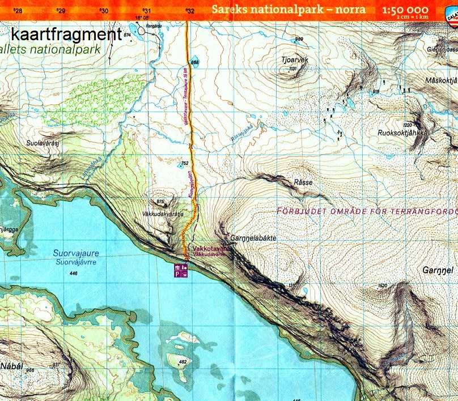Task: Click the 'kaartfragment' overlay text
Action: pos(66,35)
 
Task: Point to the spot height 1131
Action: pos(292,69)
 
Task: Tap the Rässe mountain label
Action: pos(303,183)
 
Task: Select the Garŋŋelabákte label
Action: pos(254,238)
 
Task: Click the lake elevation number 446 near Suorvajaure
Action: pos(72,274)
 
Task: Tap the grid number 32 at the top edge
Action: pos(190,11)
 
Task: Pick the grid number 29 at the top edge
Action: pos(61,11)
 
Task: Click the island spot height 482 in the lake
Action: pos(183,361)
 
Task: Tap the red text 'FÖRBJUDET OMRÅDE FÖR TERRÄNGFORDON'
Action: pos(366,212)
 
